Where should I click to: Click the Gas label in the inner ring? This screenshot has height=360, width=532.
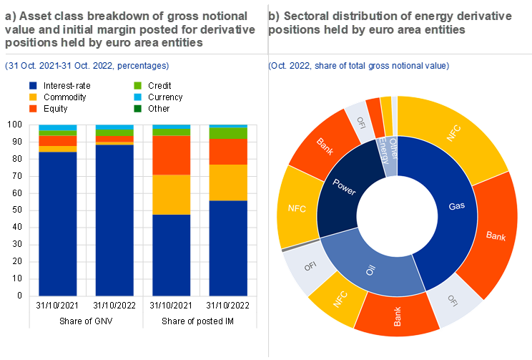coord(457,205)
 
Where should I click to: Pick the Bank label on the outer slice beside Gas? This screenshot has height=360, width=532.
coord(496,235)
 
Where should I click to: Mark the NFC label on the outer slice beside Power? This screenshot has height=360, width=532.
coord(297,208)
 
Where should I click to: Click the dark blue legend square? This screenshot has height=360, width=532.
coord(33,85)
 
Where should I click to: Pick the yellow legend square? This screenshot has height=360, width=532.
coord(33,97)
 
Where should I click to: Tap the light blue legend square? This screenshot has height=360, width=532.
coord(137,97)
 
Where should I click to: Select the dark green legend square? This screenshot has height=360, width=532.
coord(137,108)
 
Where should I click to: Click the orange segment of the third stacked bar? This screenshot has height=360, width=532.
coord(172,155)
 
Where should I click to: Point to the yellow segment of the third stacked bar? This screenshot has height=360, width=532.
coord(172,195)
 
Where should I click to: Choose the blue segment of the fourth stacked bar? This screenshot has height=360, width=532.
coord(228,248)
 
